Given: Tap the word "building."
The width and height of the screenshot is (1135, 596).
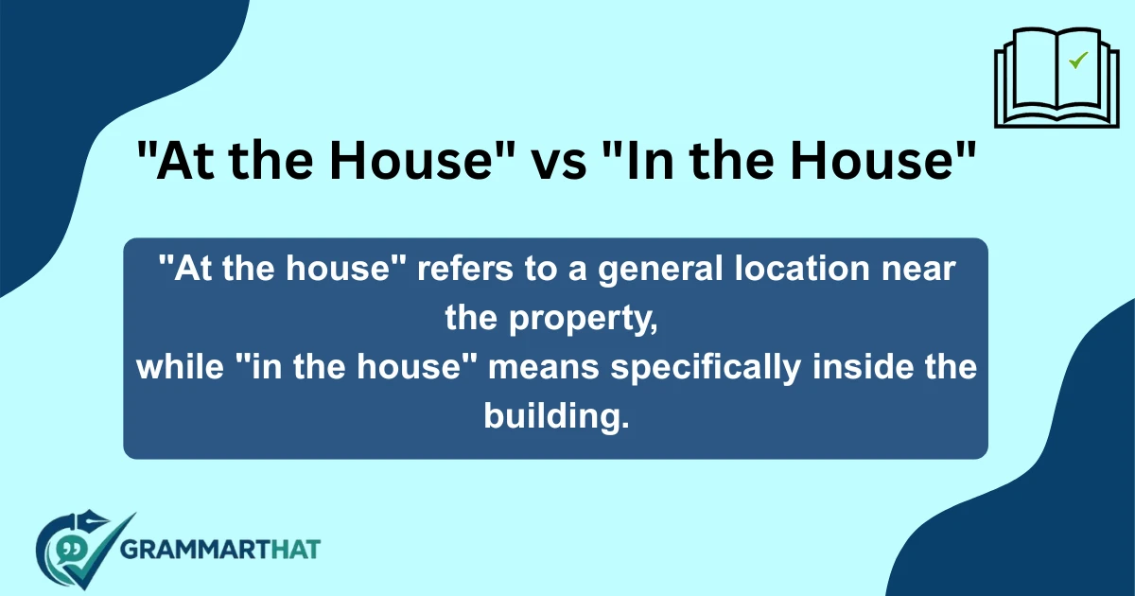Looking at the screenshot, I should pyautogui.click(x=556, y=416).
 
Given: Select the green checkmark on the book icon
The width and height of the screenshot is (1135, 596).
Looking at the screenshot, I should pyautogui.click(x=1077, y=61).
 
